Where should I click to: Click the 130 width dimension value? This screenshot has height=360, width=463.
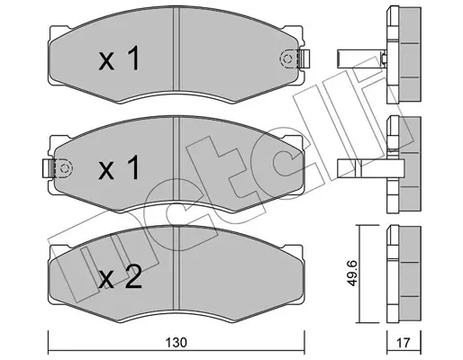tap(177, 342)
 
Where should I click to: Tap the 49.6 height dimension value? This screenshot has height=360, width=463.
tap(352, 273)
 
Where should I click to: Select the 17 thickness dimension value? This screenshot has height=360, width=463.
tap(404, 342)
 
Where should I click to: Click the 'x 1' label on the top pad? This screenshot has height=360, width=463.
tap(119, 58)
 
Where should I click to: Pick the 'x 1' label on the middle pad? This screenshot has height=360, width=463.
tap(119, 167)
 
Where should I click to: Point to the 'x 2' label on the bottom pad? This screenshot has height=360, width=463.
tap(120, 277)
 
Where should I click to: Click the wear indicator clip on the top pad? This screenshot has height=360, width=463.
tap(304, 58)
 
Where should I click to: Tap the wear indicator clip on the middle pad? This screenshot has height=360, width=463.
tap(48, 168)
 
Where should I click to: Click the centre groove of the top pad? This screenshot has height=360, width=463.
tap(177, 49)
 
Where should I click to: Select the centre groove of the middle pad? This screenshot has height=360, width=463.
tap(177, 158)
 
